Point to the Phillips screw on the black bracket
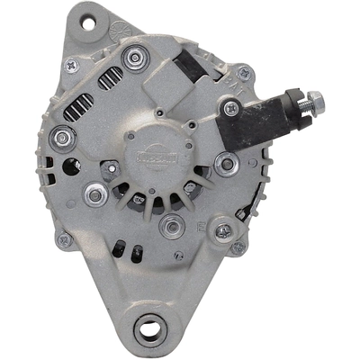pos(232,109)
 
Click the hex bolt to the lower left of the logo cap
pos(94,193)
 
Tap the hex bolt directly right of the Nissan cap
pos(228,164)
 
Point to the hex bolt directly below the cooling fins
pos(171,225)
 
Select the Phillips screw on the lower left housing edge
pos(63,239)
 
